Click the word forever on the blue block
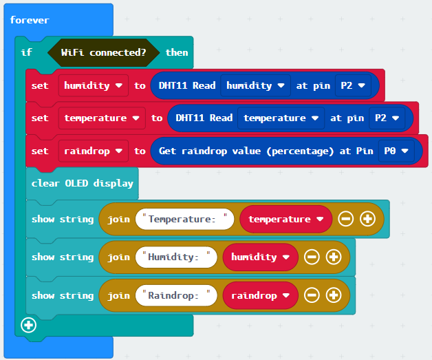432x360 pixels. click(x=30, y=20)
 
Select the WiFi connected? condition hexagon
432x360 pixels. click(x=104, y=52)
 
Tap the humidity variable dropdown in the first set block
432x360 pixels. click(x=94, y=85)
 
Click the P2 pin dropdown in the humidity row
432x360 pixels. click(x=353, y=85)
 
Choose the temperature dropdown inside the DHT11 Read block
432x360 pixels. click(x=281, y=118)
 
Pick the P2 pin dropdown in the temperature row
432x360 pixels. click(x=387, y=118)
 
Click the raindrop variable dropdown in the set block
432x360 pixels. click(x=94, y=151)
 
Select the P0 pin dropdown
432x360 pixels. click(x=396, y=151)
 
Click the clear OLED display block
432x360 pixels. click(x=82, y=183)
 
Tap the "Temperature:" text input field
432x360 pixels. click(x=184, y=219)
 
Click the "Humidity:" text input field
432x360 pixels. click(x=176, y=257)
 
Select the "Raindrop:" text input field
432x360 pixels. click(x=176, y=295)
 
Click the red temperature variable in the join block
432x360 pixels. click(x=286, y=219)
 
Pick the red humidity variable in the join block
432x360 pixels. click(x=260, y=257)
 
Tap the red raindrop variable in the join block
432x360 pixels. click(x=260, y=295)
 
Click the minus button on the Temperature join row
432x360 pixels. click(x=345, y=219)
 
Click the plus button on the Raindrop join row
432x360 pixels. click(x=334, y=295)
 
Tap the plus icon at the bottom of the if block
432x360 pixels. click(x=28, y=326)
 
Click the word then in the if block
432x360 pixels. click(x=177, y=52)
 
